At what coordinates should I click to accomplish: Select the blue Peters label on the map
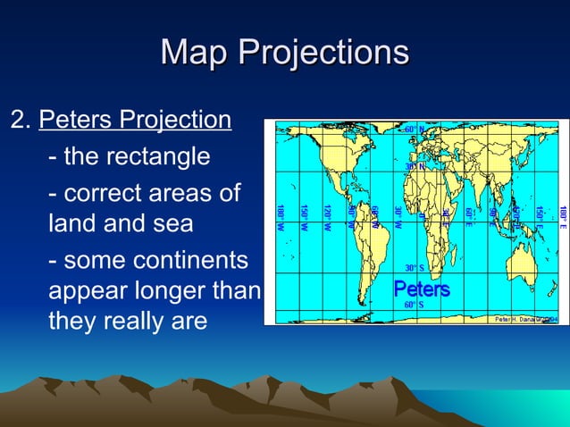(422, 290)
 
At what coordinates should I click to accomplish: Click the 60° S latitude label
(415, 306)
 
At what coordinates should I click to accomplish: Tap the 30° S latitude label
(415, 268)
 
